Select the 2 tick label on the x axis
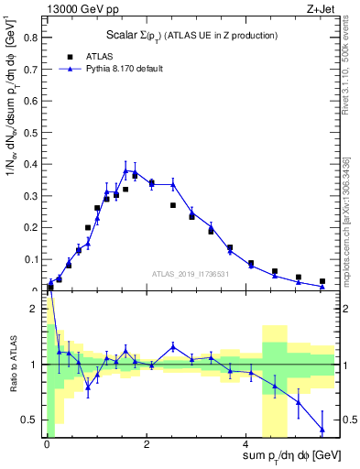pyautogui.click(x=147, y=444)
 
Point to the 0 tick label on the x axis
pyautogui.click(x=47, y=444)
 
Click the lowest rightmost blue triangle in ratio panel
pyautogui.click(x=322, y=429)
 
